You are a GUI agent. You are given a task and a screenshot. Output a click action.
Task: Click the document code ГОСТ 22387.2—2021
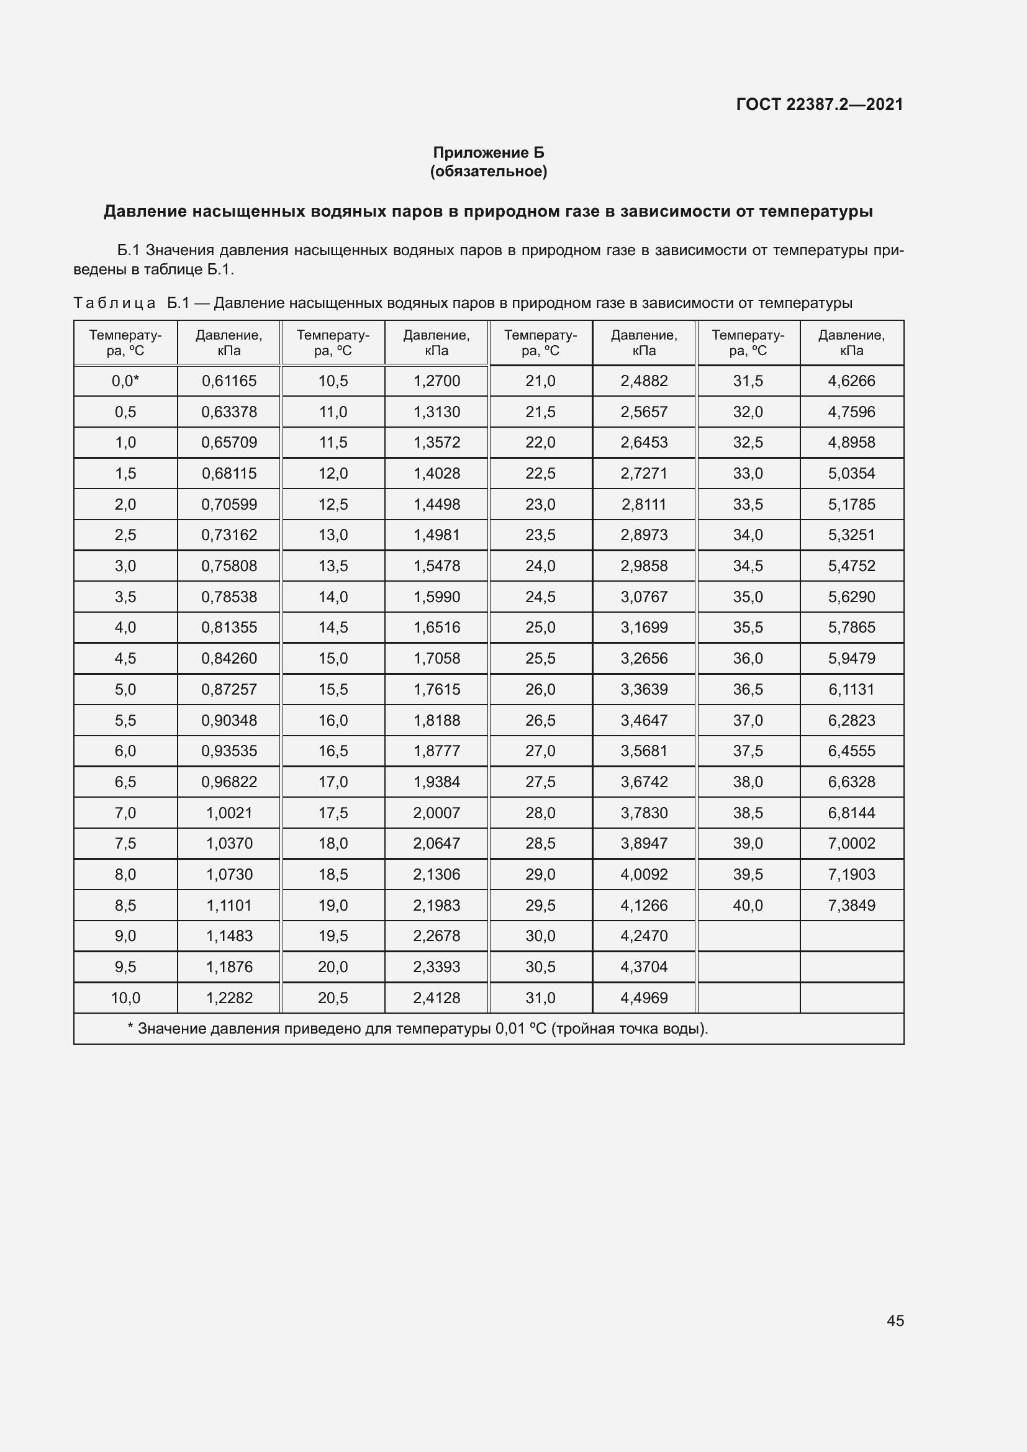pyautogui.click(x=820, y=104)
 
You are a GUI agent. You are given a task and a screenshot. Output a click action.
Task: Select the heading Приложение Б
pyautogui.click(x=488, y=153)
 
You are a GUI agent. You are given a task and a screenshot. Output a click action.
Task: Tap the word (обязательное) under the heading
pyautogui.click(x=488, y=171)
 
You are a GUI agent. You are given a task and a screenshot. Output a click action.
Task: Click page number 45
pyautogui.click(x=895, y=1320)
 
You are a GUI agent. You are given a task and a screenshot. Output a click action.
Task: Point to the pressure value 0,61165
pyautogui.click(x=229, y=381)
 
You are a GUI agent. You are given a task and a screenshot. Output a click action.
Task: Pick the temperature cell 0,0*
pyautogui.click(x=125, y=381)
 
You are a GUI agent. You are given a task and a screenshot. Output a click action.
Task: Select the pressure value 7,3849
pyautogui.click(x=851, y=905)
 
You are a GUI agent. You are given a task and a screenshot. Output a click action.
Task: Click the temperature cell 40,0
pyautogui.click(x=748, y=905)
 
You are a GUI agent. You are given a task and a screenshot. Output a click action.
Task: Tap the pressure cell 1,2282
pyautogui.click(x=229, y=998)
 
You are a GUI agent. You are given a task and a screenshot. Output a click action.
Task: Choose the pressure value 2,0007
pyautogui.click(x=437, y=813)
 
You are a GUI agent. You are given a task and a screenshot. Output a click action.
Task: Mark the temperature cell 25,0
pyautogui.click(x=540, y=628)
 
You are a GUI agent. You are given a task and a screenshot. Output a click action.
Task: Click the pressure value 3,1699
pyautogui.click(x=644, y=628)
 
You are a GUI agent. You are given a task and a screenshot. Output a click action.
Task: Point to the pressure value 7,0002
pyautogui.click(x=851, y=843)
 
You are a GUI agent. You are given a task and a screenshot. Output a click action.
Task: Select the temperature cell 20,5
pyautogui.click(x=333, y=998)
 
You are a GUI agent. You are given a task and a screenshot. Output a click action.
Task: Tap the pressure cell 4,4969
pyautogui.click(x=644, y=998)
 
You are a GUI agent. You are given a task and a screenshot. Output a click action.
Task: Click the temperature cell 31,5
pyautogui.click(x=748, y=381)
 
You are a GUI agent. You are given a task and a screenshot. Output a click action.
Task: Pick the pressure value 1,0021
pyautogui.click(x=229, y=813)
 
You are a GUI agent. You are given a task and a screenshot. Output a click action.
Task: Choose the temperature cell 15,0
pyautogui.click(x=333, y=658)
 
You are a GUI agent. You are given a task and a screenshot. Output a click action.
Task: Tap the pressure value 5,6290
pyautogui.click(x=851, y=597)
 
